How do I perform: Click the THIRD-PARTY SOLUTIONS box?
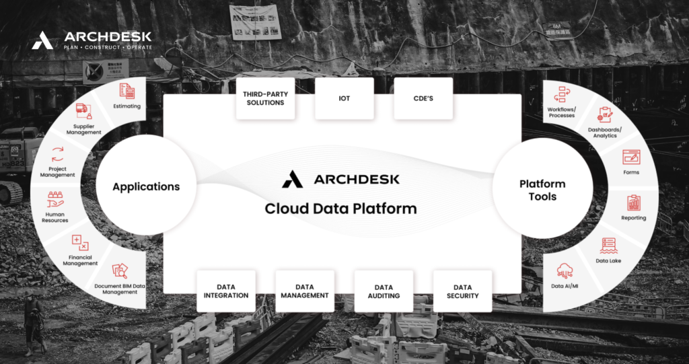[x=265, y=98]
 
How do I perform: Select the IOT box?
[x=344, y=98]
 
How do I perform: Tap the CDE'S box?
[x=423, y=98]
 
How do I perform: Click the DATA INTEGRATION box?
[x=226, y=291]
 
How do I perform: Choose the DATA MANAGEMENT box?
[x=304, y=291]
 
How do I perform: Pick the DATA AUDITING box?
[x=384, y=291]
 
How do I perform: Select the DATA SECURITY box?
[x=462, y=291]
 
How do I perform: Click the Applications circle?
[x=146, y=186]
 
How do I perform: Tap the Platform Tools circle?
[x=542, y=189]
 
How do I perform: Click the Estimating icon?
[x=126, y=91]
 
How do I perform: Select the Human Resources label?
[x=55, y=217]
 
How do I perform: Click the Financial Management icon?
[x=80, y=243]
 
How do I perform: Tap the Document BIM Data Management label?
[x=120, y=289]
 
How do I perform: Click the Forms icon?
[x=631, y=157]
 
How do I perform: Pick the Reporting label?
[x=633, y=218]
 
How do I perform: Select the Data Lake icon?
[x=608, y=246]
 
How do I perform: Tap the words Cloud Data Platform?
[x=340, y=208]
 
